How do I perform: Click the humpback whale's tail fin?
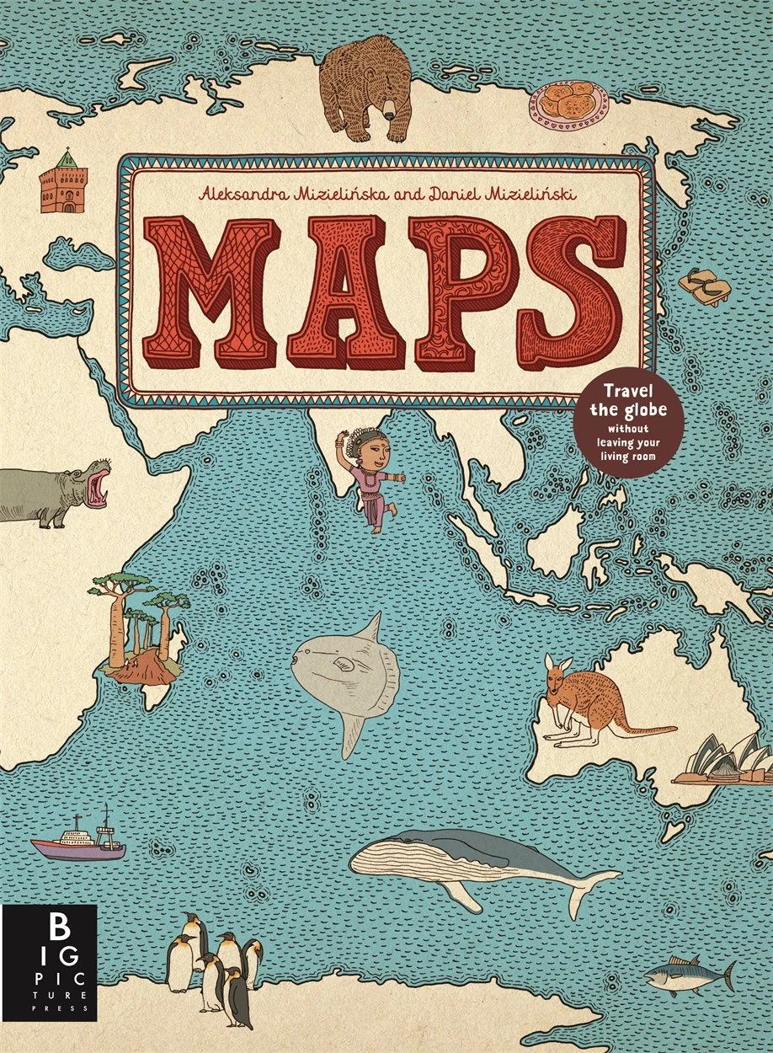599,885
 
